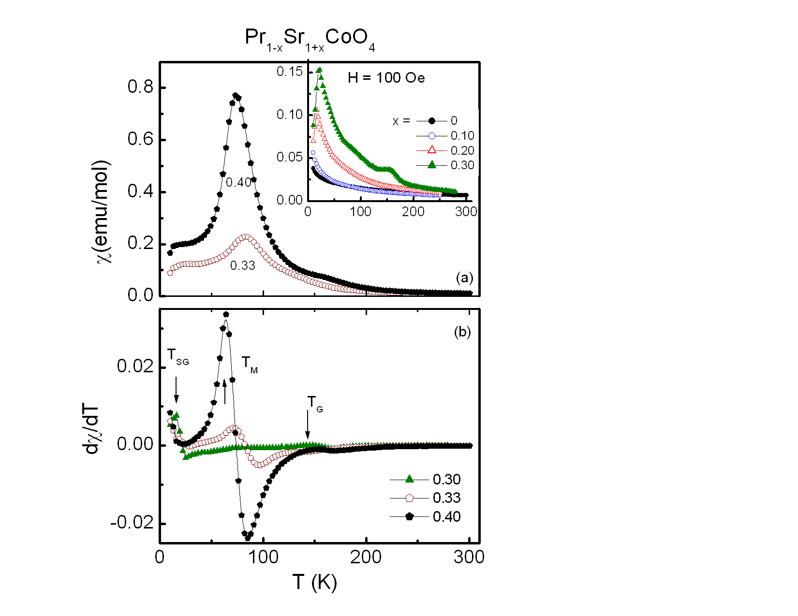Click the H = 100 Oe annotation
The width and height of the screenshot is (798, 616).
[x=386, y=78]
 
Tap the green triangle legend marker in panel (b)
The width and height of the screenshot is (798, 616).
[x=410, y=479]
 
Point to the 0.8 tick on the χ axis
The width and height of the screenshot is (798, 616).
[x=140, y=87]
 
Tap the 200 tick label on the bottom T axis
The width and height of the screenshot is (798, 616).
[x=366, y=557]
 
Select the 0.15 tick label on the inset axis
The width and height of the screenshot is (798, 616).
[x=289, y=72]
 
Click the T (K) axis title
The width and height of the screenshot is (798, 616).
[x=314, y=583]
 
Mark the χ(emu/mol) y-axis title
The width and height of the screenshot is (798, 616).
[x=104, y=212]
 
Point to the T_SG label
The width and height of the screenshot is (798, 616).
[x=177, y=357]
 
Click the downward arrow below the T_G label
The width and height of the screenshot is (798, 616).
[x=308, y=425]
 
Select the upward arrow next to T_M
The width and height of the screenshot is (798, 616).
[x=224, y=392]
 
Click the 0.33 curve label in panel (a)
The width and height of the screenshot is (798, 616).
[x=242, y=265]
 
